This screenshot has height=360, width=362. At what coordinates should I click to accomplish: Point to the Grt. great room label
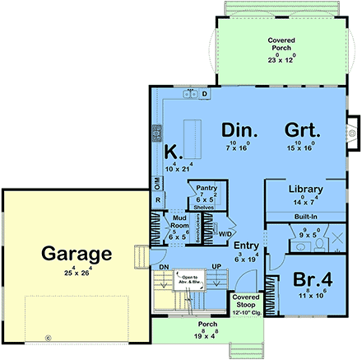[303, 130]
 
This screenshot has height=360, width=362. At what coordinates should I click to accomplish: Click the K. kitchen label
[172, 152]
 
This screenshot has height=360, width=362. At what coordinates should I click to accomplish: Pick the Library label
[305, 189]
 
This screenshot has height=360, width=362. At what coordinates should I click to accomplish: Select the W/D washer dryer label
[224, 233]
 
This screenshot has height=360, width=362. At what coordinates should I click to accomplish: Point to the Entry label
[247, 245]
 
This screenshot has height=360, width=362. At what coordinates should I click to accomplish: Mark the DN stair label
[163, 267]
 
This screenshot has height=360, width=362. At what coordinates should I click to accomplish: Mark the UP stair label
[217, 267]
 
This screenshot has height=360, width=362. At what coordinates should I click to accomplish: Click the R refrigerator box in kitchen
[157, 199]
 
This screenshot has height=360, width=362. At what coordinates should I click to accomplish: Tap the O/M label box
[156, 182]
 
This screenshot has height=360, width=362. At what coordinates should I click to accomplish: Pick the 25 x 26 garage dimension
[73, 269]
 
